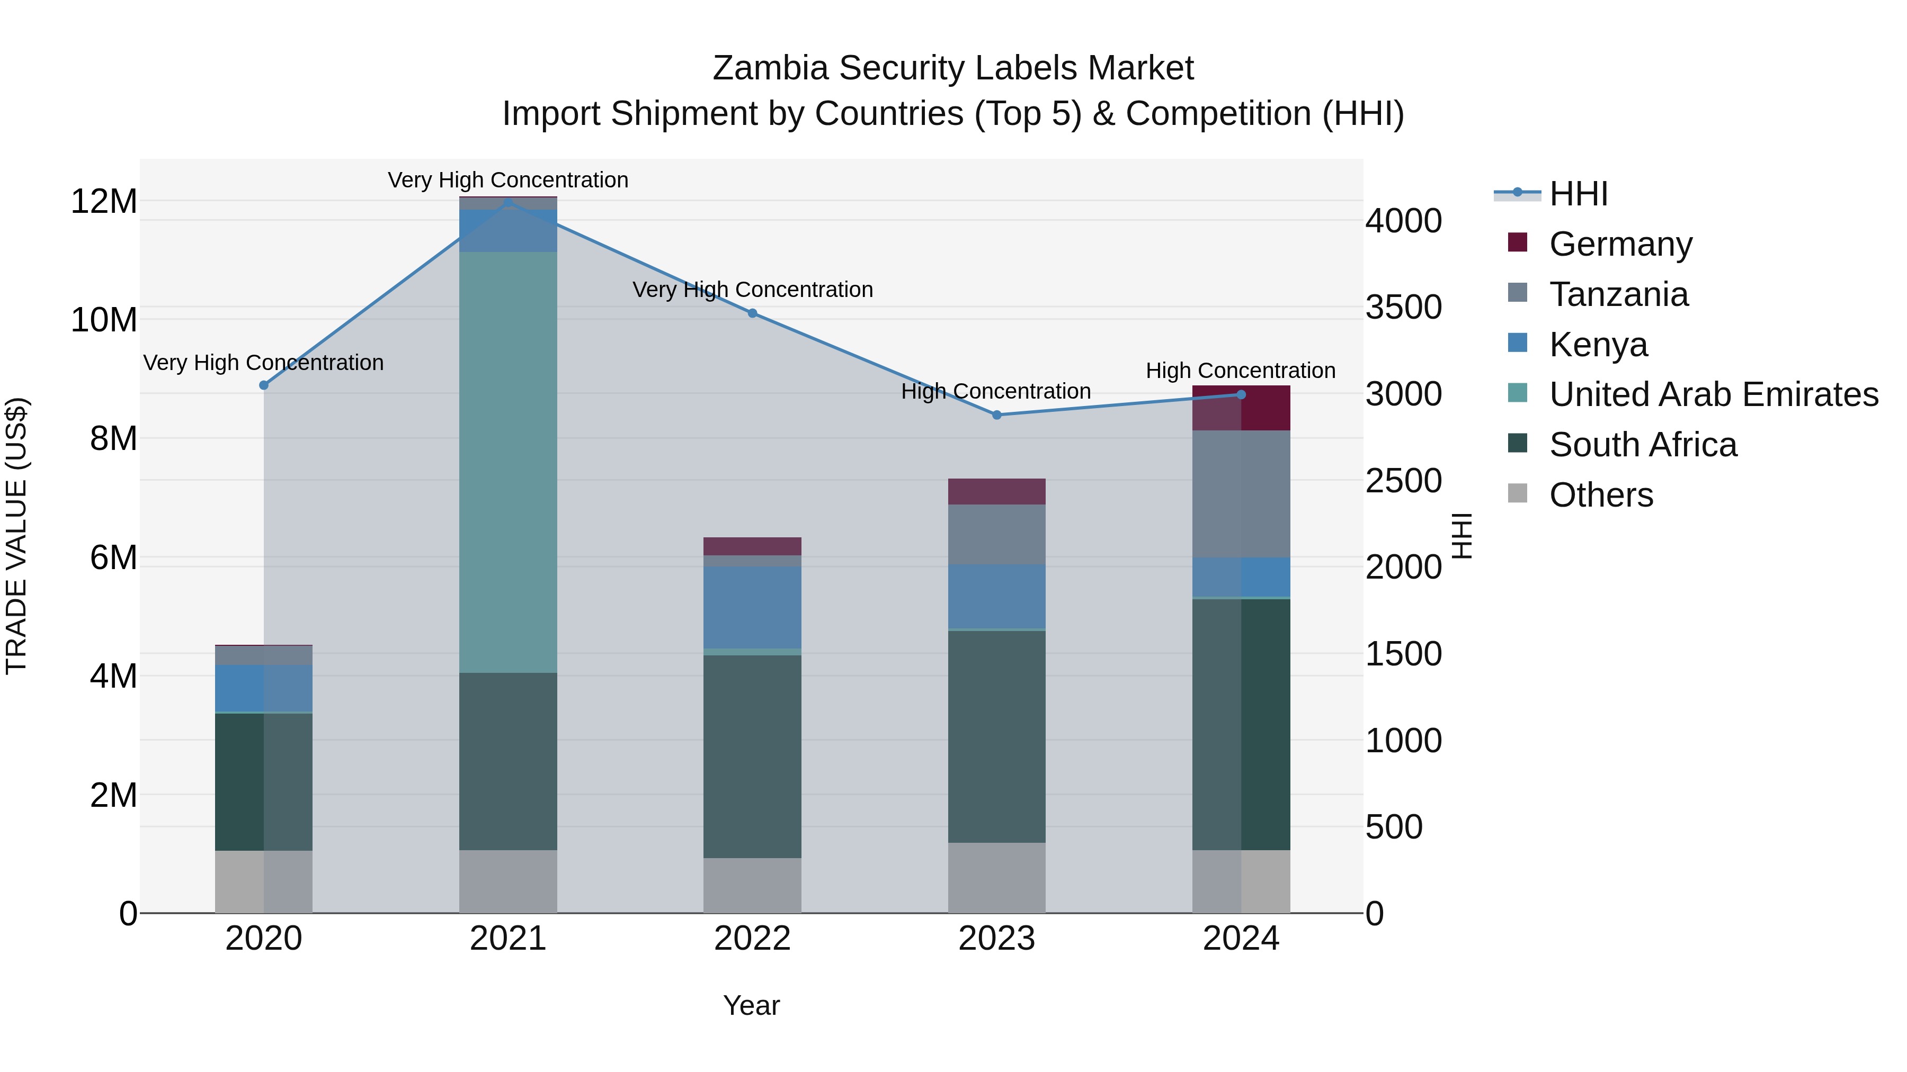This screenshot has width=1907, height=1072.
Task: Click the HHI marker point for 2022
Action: point(752,313)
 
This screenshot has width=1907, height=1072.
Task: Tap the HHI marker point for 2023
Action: point(996,415)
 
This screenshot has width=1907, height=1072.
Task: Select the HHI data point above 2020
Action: point(264,385)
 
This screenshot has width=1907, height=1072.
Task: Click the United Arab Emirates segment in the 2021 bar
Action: point(508,462)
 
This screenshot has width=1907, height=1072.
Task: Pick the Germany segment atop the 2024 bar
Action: point(1241,408)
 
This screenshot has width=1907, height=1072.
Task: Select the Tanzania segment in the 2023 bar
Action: point(996,534)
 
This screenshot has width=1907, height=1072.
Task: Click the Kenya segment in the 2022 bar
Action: point(752,607)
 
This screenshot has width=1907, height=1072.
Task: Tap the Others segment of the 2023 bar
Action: point(996,877)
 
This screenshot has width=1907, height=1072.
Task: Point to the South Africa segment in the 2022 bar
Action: point(752,756)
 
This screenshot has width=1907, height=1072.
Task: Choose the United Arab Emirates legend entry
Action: point(1713,394)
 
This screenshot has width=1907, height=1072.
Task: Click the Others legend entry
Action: point(1600,495)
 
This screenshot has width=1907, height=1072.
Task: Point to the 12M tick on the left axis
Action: point(104,201)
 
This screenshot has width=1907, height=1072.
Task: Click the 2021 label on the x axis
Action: point(508,939)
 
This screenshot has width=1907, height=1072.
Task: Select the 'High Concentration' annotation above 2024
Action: point(1241,371)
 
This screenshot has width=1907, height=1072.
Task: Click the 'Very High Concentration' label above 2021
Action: point(508,180)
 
